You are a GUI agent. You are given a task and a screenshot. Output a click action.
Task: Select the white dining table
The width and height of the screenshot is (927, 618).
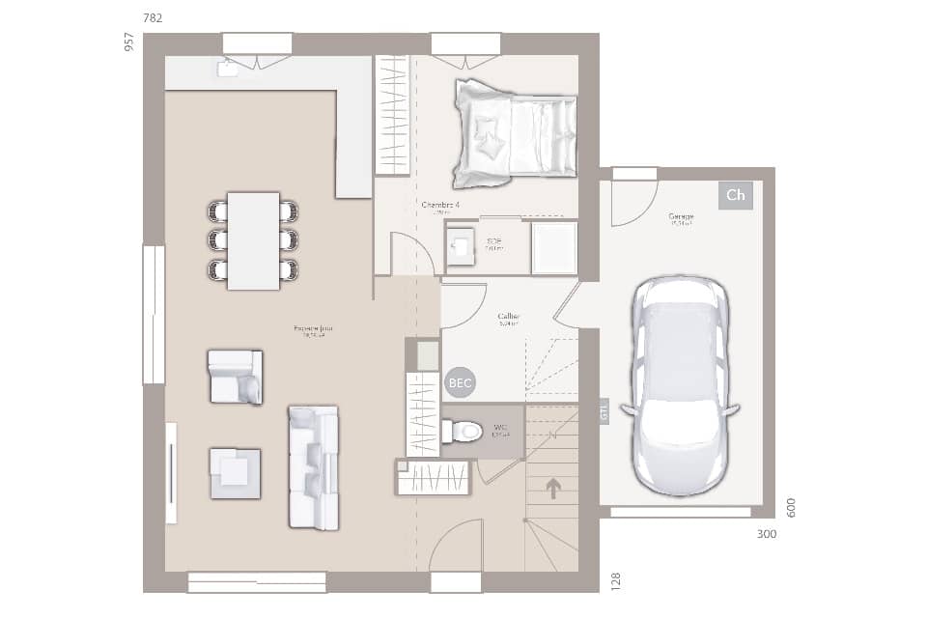click(253, 240)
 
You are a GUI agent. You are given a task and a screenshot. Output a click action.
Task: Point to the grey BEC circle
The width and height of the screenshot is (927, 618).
click(460, 383)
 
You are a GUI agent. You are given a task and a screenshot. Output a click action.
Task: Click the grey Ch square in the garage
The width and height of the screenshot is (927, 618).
click(735, 195)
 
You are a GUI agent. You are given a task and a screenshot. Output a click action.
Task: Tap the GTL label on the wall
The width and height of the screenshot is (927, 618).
click(604, 410)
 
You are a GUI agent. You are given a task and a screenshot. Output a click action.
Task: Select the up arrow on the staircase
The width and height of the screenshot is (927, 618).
click(553, 489)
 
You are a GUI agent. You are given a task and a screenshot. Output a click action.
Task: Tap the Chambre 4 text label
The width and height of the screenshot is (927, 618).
click(440, 206)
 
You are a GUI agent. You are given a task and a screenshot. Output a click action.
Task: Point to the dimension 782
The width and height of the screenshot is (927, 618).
click(153, 18)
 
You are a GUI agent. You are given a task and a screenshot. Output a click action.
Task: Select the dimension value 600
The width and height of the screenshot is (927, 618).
click(792, 508)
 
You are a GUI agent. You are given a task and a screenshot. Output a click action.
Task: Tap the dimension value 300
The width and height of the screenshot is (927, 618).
click(766, 534)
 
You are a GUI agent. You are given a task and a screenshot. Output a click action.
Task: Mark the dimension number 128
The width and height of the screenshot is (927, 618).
click(616, 579)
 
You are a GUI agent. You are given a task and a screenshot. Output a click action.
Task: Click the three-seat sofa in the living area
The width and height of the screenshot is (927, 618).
click(314, 467)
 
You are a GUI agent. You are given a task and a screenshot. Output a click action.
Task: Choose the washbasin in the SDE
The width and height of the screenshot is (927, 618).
click(461, 247)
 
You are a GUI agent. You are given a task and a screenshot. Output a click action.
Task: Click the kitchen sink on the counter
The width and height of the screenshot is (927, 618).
click(228, 67)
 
